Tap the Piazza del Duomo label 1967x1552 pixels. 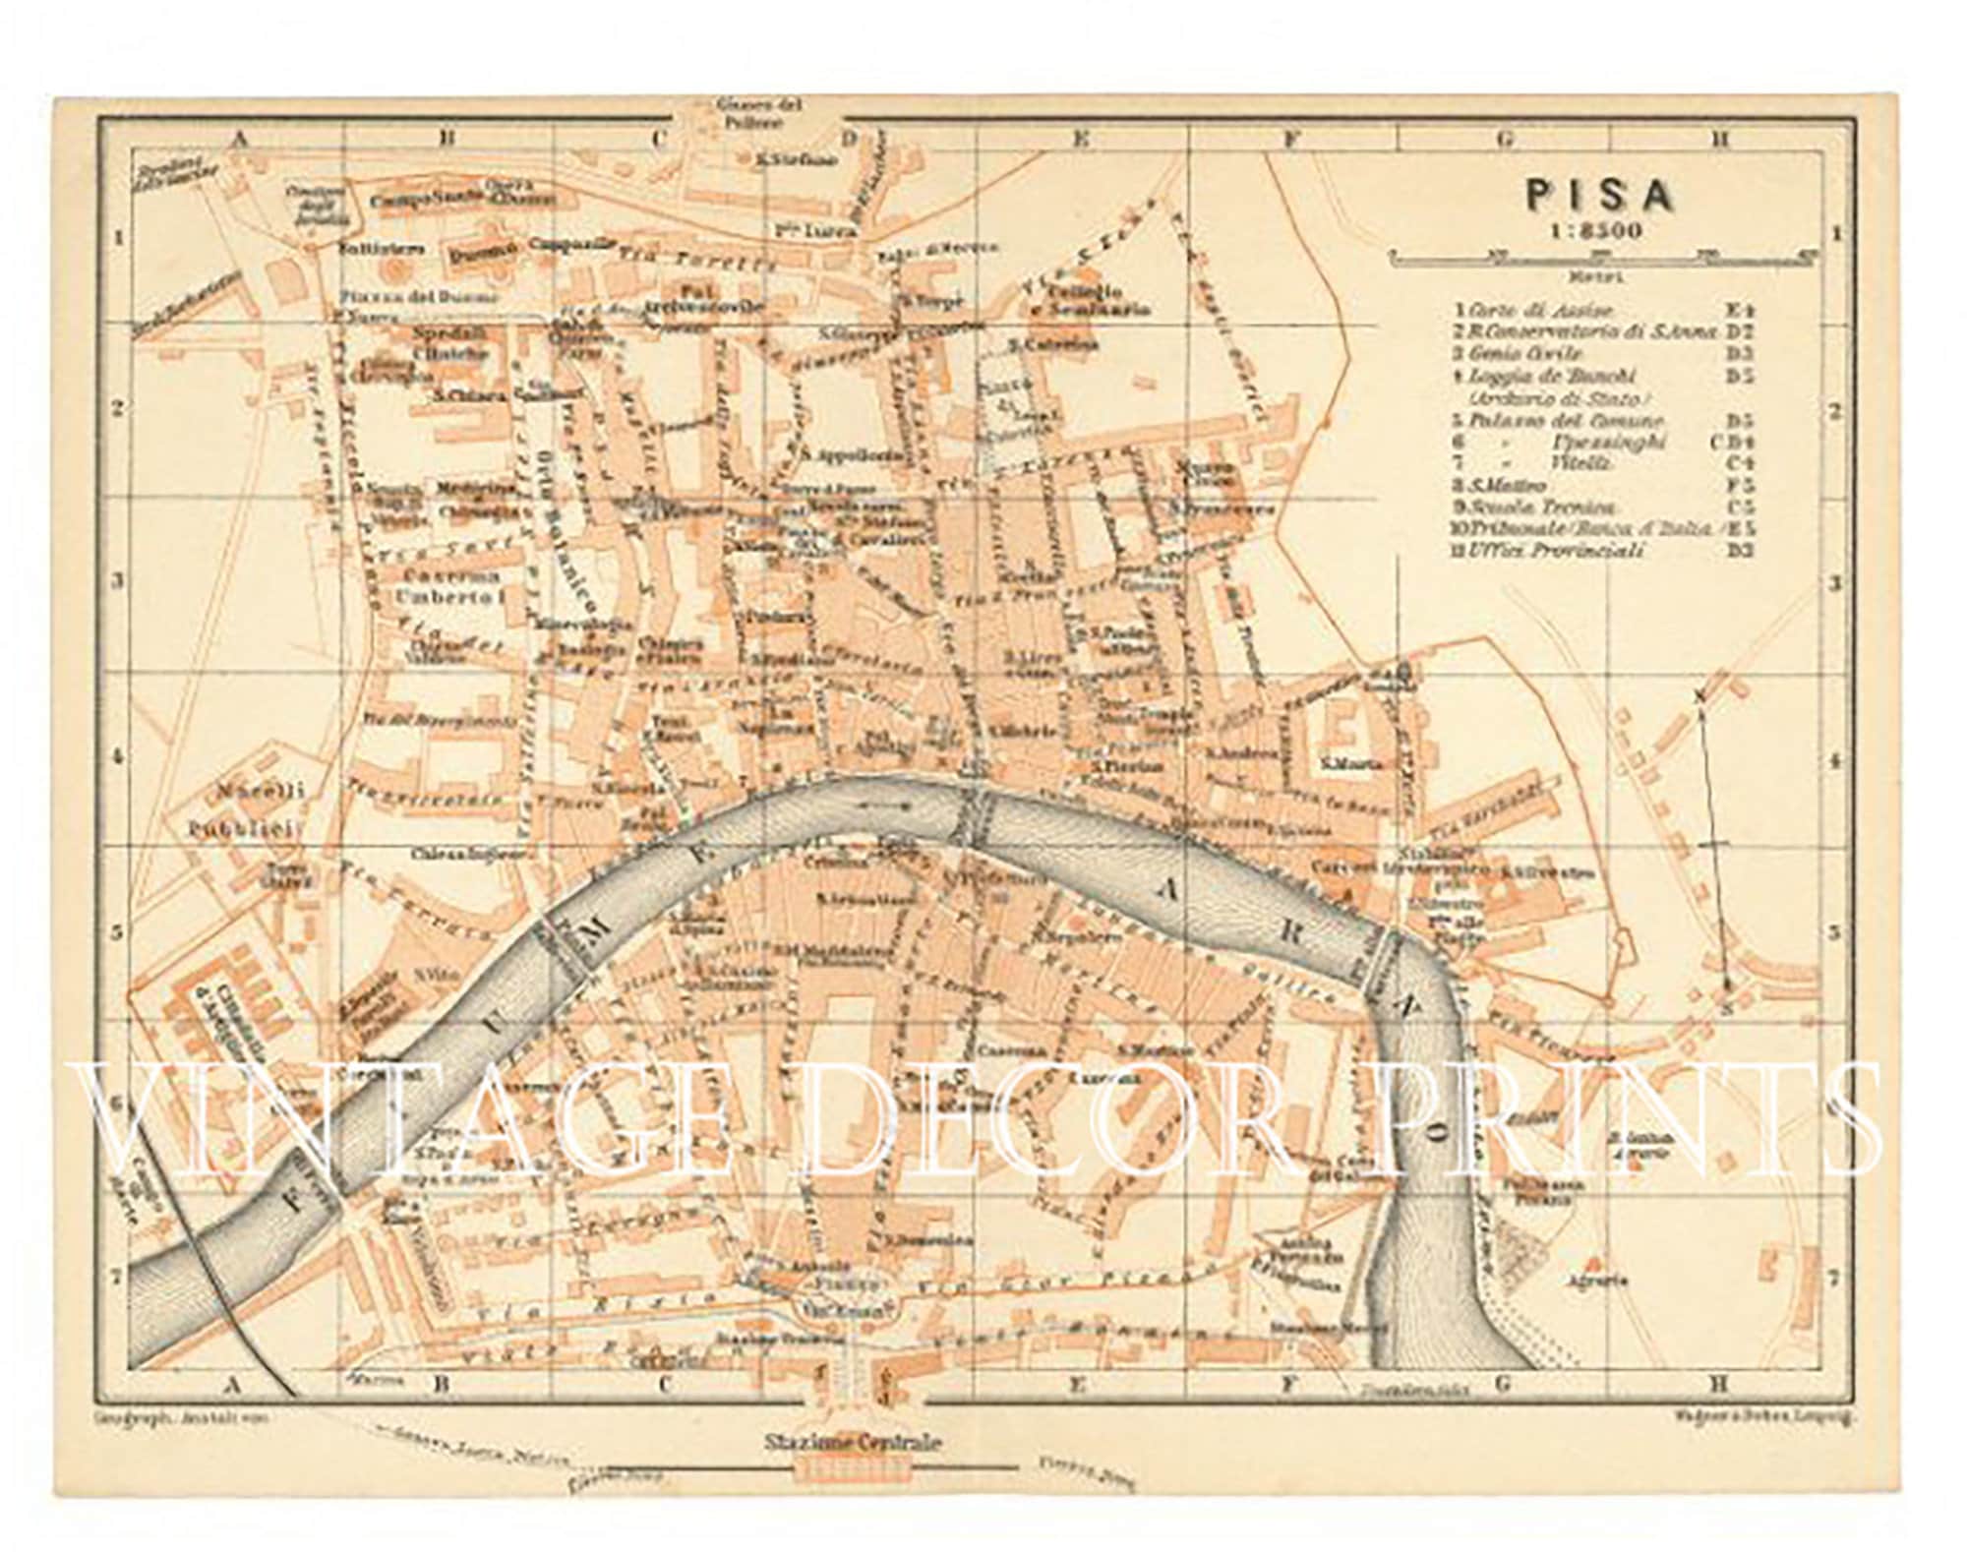(421, 296)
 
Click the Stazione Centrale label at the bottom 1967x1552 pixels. (853, 1443)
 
